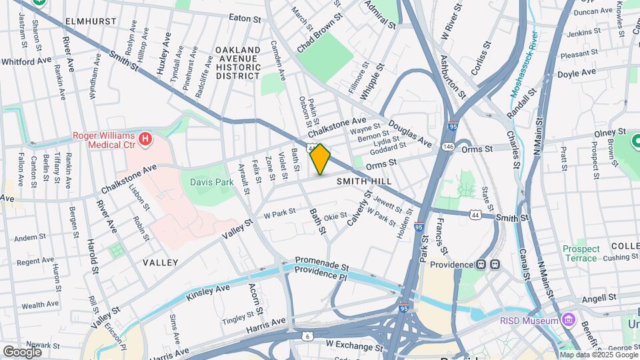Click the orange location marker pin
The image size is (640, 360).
[321, 159]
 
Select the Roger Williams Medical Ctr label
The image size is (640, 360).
[104, 140]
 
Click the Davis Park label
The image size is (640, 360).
[209, 181]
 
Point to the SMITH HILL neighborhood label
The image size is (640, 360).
[363, 181]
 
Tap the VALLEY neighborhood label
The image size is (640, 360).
[160, 263]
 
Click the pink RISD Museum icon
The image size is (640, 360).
[567, 321]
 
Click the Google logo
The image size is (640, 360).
[22, 351]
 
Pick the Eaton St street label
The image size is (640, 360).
[245, 19]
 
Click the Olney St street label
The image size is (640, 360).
[610, 133]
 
